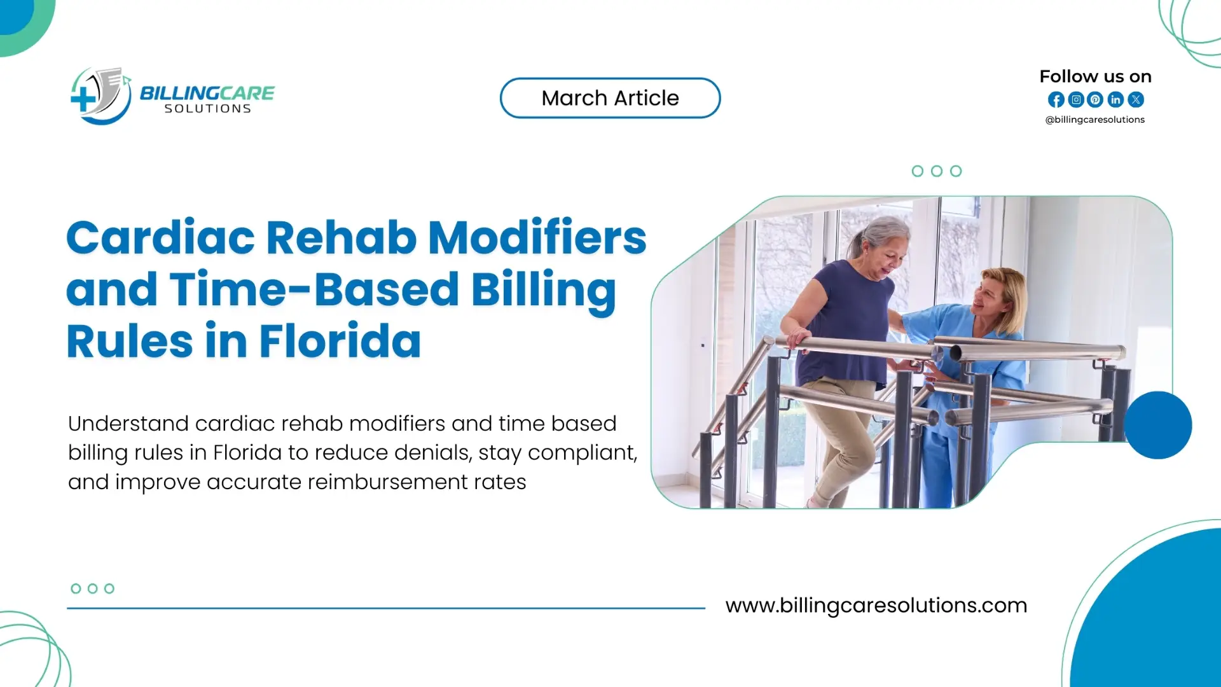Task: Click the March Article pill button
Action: pyautogui.click(x=610, y=98)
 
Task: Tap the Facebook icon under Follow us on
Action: pyautogui.click(x=1056, y=100)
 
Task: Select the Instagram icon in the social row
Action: pyautogui.click(x=1075, y=100)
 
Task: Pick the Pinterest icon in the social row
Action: pyautogui.click(x=1095, y=100)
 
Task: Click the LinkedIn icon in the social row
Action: pyautogui.click(x=1115, y=100)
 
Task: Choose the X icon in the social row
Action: pyautogui.click(x=1136, y=100)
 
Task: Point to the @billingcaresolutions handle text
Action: pyautogui.click(x=1094, y=120)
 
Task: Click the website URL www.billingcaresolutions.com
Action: pyautogui.click(x=876, y=605)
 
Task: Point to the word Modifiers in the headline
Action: pyautogui.click(x=537, y=238)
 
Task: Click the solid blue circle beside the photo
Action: pyautogui.click(x=1157, y=425)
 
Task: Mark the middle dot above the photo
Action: pyautogui.click(x=936, y=171)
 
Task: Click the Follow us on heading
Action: pyautogui.click(x=1095, y=77)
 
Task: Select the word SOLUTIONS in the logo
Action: pyautogui.click(x=207, y=109)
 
